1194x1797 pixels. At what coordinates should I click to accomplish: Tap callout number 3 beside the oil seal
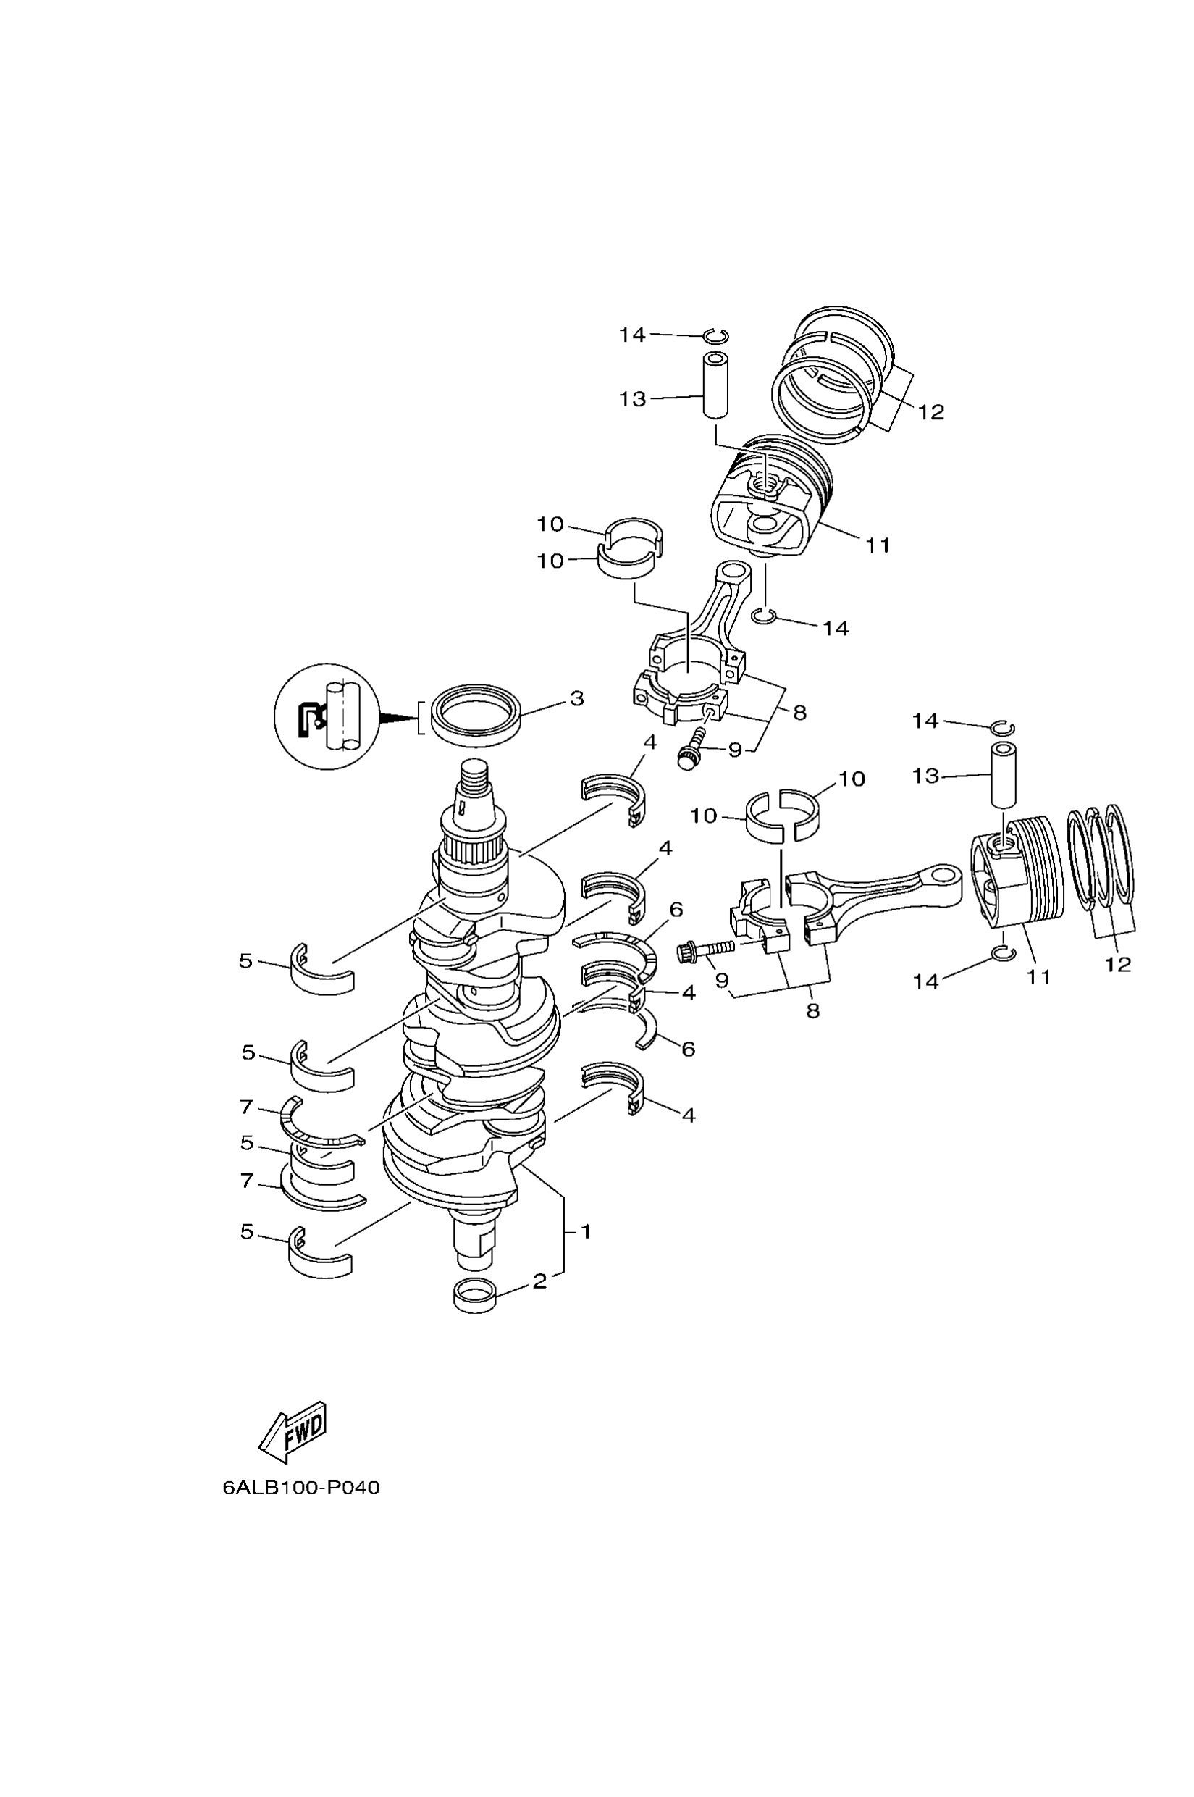(576, 698)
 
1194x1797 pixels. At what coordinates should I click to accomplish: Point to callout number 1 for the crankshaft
(586, 1231)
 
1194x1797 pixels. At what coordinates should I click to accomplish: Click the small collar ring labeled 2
(475, 1295)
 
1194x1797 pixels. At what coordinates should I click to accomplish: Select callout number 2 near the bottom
(539, 1281)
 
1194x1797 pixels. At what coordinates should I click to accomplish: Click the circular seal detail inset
(327, 716)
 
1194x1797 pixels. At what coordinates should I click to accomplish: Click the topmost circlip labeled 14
(716, 336)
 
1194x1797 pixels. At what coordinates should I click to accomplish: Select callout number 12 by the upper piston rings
(930, 412)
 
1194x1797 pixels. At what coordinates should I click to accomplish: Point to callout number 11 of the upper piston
(878, 545)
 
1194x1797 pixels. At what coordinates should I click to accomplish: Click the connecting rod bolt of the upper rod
(691, 748)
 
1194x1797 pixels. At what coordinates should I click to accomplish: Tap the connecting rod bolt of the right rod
(704, 950)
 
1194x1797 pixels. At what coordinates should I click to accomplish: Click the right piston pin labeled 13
(1004, 774)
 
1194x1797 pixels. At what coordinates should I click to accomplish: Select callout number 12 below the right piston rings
(1118, 963)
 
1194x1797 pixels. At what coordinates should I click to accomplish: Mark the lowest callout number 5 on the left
(247, 1232)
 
